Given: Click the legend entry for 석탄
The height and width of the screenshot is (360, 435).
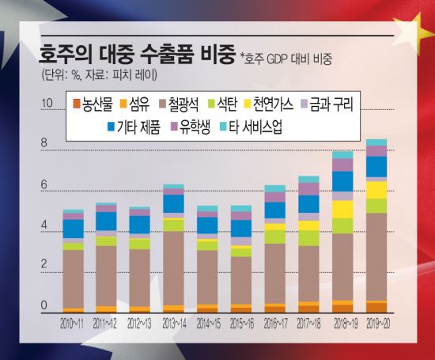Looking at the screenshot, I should [229, 104].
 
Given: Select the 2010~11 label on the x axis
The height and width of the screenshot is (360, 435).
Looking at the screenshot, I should [73, 325].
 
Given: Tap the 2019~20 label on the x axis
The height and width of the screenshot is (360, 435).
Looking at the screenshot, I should [376, 325].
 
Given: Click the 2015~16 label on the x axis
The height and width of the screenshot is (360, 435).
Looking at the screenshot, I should [241, 325].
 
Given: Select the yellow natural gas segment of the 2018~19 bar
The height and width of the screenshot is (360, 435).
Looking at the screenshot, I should [342, 209].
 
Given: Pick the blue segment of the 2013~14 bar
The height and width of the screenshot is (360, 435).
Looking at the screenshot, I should [173, 204].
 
